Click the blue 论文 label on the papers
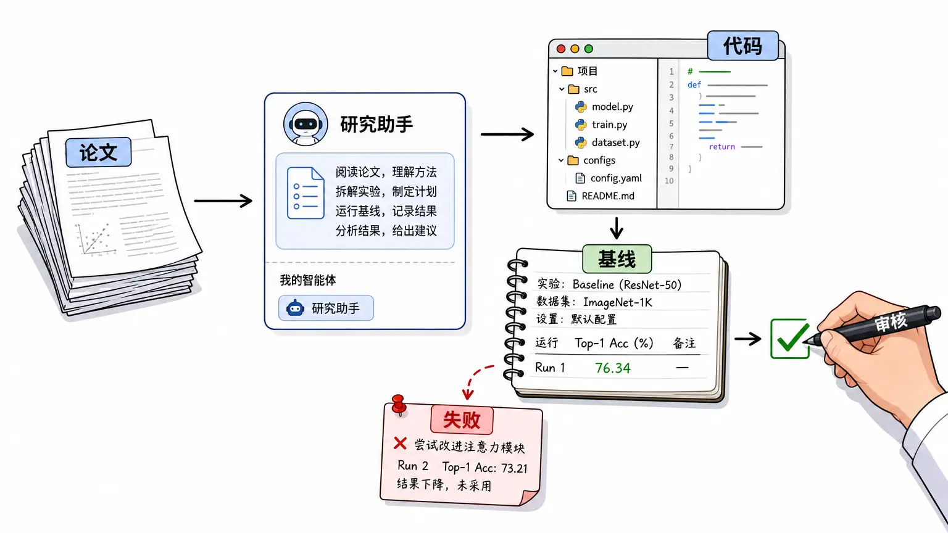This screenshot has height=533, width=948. tap(98, 152)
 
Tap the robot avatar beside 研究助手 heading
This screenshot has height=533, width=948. tap(305, 124)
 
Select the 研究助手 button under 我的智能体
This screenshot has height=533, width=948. tap(326, 308)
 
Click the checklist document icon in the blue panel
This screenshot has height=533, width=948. tap(306, 193)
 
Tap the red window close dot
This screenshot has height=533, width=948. tap(561, 49)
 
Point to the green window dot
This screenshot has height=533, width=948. tap(589, 49)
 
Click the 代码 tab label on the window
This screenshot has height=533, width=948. tap(742, 45)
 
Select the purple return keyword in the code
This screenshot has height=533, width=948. tap(722, 147)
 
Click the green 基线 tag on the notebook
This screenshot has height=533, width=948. tap(617, 259)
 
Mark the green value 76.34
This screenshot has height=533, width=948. tap(613, 368)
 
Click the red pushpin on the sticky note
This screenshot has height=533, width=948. tap(399, 405)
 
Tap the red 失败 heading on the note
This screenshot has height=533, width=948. tap(462, 419)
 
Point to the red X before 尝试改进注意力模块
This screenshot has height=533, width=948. tap(400, 444)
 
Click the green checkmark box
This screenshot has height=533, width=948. tap(790, 339)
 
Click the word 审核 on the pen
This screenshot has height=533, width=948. tap(891, 322)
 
